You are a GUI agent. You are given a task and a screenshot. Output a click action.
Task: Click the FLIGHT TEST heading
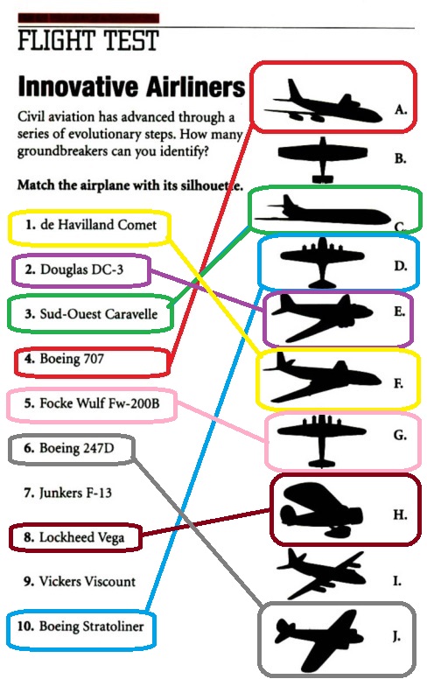[88, 40]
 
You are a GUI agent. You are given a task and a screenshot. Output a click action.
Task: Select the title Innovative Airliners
[131, 86]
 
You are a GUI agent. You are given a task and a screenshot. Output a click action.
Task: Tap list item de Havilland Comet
[90, 225]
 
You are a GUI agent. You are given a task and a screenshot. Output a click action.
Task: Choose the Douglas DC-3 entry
[74, 269]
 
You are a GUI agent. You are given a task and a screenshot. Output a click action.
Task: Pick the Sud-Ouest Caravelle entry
[91, 313]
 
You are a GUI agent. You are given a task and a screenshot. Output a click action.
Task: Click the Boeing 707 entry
[64, 359]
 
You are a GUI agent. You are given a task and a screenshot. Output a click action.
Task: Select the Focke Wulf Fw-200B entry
[92, 403]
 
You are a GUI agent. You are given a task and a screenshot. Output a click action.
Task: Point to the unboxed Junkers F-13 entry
[68, 493]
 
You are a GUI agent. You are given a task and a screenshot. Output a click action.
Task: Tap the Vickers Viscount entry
[80, 581]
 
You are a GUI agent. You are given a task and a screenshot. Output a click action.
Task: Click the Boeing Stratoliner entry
[80, 626]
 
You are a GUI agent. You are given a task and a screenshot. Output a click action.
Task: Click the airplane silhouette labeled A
[324, 101]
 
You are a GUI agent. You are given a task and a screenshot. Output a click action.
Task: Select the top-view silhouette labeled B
[323, 159]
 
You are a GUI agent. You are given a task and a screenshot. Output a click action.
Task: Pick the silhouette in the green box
[323, 212]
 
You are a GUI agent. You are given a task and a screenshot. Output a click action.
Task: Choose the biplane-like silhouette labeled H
[321, 509]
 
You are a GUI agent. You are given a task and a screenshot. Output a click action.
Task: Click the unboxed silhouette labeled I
[321, 573]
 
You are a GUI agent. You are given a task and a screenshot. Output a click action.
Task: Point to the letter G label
[400, 435]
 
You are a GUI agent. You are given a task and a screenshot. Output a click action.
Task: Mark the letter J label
[396, 636]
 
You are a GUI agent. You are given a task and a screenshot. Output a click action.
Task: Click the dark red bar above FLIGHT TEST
[88, 18]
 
